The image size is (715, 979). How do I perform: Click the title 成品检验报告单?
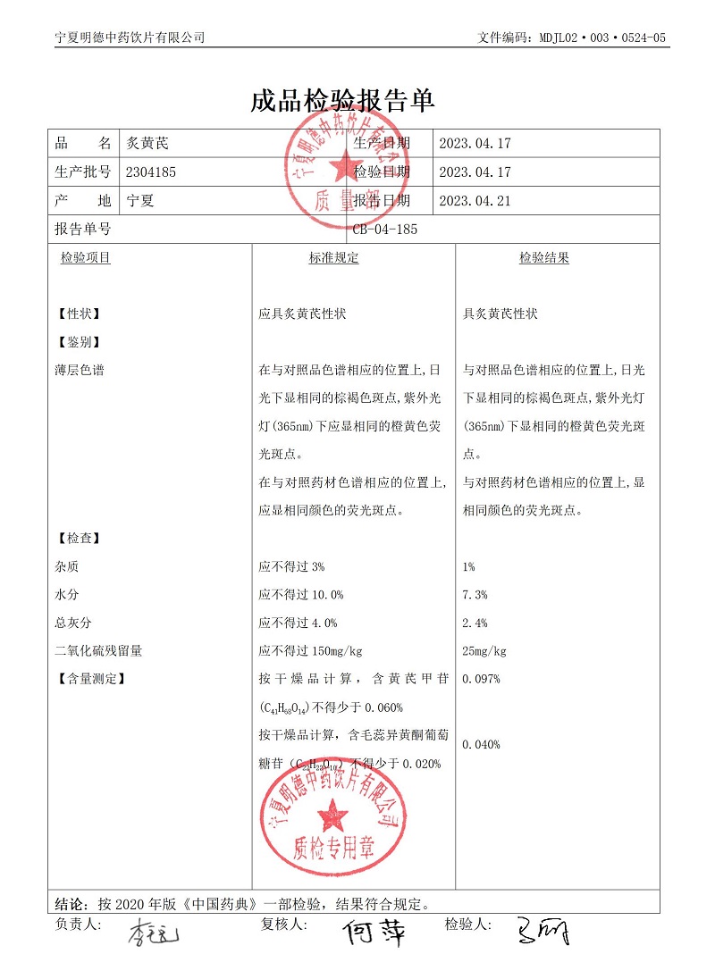coord(342,101)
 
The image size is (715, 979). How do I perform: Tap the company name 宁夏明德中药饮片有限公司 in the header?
coord(130,38)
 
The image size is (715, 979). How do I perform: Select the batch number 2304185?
coord(150,172)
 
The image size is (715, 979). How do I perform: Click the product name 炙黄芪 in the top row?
coord(147,143)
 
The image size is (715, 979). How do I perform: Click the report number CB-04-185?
coord(384,230)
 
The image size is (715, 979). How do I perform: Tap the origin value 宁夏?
coord(140,201)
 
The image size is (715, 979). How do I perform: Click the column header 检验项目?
coord(86,258)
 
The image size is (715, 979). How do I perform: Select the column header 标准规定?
coord(333,258)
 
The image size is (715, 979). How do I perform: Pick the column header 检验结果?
coord(544,258)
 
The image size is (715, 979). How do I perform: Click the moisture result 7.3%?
coord(475,595)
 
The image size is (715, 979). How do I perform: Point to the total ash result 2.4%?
coord(475,623)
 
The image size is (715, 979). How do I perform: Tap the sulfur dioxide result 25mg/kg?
coord(485,651)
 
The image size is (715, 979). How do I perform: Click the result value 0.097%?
coord(481,679)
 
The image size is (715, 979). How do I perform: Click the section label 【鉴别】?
coord(78,342)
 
